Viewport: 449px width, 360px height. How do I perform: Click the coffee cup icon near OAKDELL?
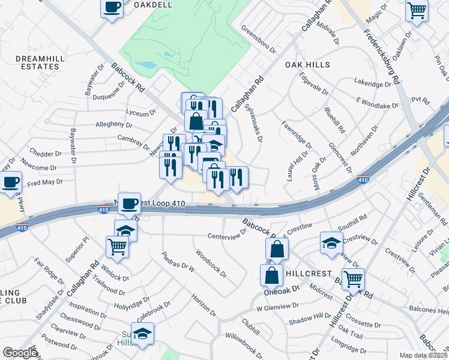(x=112, y=8)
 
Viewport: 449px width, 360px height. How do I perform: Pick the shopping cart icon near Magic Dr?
(x=417, y=10)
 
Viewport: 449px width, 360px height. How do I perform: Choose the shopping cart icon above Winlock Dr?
(x=117, y=245)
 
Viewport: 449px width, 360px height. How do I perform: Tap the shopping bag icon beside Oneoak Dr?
(x=272, y=275)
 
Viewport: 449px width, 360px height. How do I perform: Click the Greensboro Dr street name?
(x=258, y=38)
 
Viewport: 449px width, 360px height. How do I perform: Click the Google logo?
(x=20, y=352)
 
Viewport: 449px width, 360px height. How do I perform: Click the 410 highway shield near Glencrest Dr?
(x=363, y=179)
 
